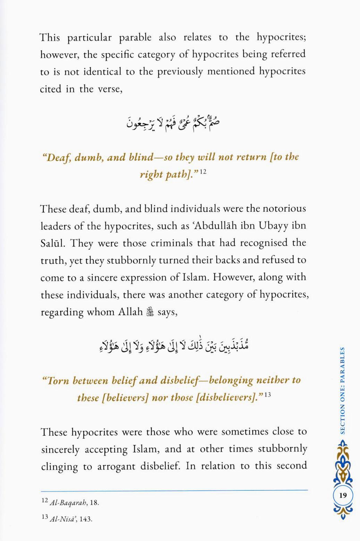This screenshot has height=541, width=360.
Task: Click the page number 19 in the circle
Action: pyautogui.click(x=343, y=495)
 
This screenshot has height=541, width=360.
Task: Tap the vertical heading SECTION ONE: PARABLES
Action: pyautogui.click(x=342, y=390)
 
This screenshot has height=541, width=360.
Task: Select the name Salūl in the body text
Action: pyautogui.click(x=53, y=243)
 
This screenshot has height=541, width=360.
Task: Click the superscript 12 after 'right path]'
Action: pyautogui.click(x=203, y=171)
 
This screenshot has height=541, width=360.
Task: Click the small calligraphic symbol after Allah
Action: pyautogui.click(x=150, y=312)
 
